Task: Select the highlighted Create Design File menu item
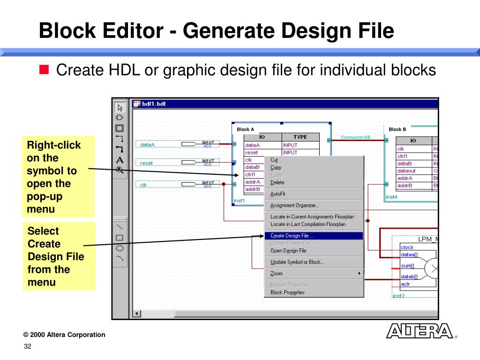pyautogui.click(x=292, y=236)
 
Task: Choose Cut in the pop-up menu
pyautogui.click(x=274, y=160)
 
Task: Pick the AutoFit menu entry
pyautogui.click(x=278, y=194)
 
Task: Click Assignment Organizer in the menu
pyautogui.click(x=294, y=205)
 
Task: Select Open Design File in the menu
pyautogui.click(x=288, y=251)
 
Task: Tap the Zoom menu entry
pyautogui.click(x=277, y=273)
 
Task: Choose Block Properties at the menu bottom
pyautogui.click(x=287, y=292)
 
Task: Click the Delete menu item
pyautogui.click(x=277, y=182)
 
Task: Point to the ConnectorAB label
pyautogui.click(x=355, y=137)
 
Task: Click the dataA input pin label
pyautogui.click(x=147, y=145)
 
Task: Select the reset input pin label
pyautogui.click(x=146, y=163)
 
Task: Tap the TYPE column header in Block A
pyautogui.click(x=300, y=137)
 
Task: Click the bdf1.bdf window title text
pyautogui.click(x=154, y=104)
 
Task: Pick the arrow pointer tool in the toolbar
pyautogui.click(x=120, y=107)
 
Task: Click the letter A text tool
pyautogui.click(x=120, y=160)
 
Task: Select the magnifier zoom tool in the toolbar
pyautogui.click(x=120, y=170)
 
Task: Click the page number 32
pyautogui.click(x=27, y=346)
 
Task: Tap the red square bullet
pyautogui.click(x=44, y=71)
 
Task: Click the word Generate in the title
pyautogui.click(x=226, y=31)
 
